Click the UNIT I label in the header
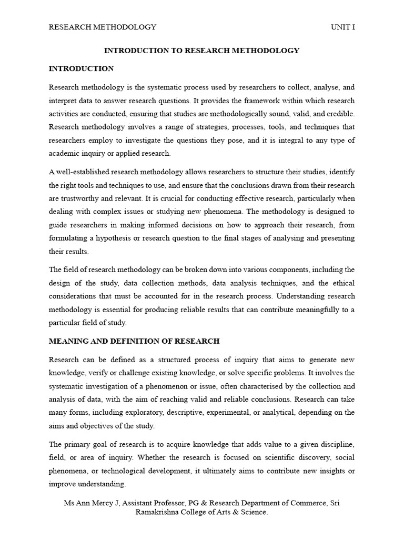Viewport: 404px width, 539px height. point(343,27)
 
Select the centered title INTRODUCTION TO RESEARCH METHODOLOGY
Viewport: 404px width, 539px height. point(201,51)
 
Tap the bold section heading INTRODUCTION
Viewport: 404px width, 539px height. point(81,68)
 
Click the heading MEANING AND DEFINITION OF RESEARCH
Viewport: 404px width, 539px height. point(134,341)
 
